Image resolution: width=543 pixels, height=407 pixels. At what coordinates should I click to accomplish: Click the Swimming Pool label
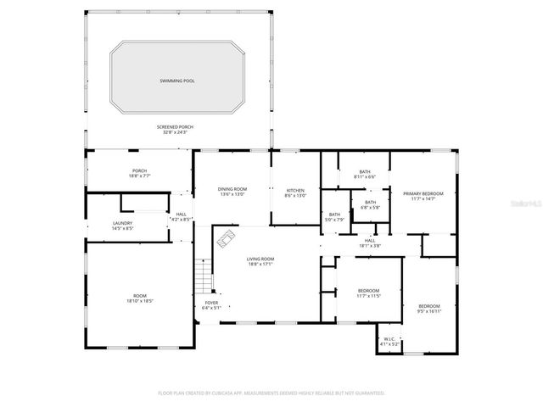click(176, 81)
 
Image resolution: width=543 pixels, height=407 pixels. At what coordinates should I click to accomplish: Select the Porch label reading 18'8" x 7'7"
click(139, 174)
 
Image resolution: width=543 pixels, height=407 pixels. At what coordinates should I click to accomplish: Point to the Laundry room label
click(122, 226)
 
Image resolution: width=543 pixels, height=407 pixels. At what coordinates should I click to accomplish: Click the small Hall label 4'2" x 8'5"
click(181, 216)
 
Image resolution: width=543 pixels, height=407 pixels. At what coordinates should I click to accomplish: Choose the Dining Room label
click(232, 192)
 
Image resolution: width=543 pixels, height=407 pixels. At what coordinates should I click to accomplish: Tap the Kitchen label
click(294, 192)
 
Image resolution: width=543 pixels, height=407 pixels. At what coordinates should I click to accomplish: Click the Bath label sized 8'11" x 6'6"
click(364, 174)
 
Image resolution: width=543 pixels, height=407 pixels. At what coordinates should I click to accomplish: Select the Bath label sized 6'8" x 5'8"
click(370, 204)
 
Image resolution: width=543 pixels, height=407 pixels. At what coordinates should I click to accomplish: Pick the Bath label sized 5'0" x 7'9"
click(334, 217)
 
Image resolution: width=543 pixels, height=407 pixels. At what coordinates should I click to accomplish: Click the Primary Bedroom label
click(423, 196)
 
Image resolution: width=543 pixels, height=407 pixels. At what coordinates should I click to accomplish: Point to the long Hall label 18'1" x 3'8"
click(370, 243)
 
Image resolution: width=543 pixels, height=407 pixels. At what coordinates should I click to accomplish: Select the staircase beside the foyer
click(202, 274)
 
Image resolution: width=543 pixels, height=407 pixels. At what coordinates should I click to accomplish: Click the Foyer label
click(210, 305)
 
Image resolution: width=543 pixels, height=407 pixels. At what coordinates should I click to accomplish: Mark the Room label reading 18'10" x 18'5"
click(139, 298)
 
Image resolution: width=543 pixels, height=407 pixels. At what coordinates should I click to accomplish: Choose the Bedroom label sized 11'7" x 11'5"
click(368, 293)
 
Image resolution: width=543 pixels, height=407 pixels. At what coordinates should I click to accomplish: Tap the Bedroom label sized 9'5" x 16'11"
click(428, 308)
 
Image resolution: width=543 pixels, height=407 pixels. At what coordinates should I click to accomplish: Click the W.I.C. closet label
click(389, 342)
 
